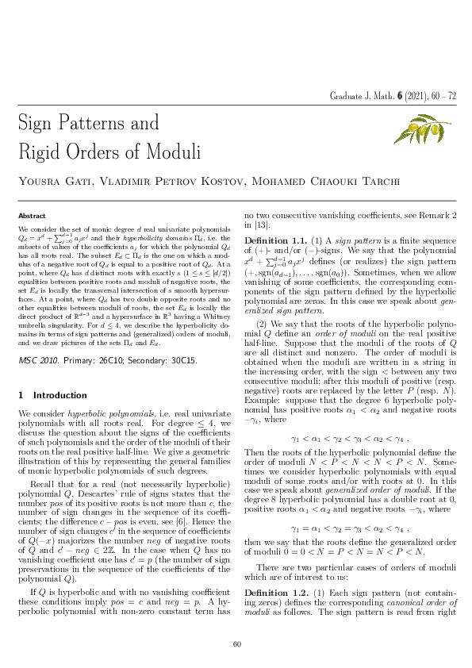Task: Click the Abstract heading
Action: [x=32, y=216]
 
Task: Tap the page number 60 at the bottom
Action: [x=236, y=644]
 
